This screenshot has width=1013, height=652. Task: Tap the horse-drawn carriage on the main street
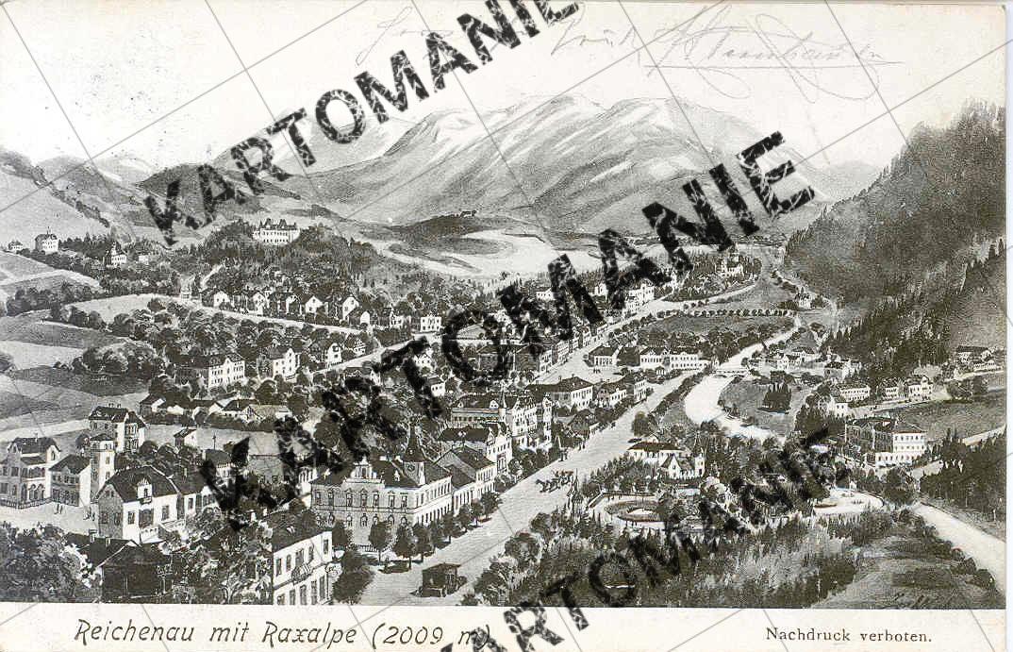(554, 483)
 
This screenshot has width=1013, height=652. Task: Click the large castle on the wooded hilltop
(275, 231)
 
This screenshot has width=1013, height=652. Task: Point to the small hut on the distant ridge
(466, 213)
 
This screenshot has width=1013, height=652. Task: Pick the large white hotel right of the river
(885, 440)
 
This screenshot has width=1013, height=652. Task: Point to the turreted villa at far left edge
(28, 469)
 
